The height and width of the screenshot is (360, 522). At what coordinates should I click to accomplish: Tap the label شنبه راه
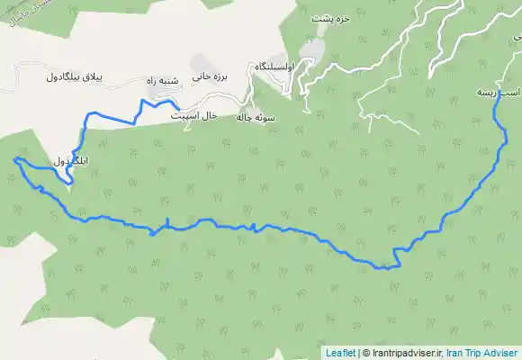click(165, 80)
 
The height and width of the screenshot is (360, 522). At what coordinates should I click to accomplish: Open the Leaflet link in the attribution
click(340, 353)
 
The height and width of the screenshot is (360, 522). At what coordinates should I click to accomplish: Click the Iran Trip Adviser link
click(481, 353)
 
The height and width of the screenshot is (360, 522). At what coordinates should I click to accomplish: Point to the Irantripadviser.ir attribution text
click(404, 353)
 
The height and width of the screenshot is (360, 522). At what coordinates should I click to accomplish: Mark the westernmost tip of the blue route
click(15, 159)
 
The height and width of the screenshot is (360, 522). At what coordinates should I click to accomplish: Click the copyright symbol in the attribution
click(365, 353)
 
